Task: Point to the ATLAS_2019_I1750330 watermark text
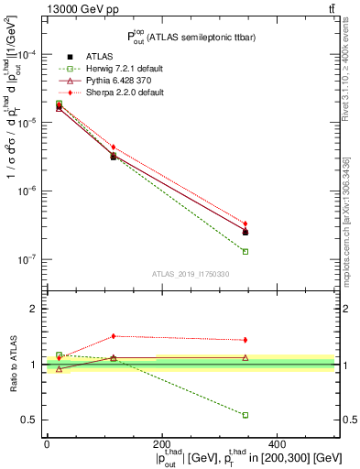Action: [x=191, y=273]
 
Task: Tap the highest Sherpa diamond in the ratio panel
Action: [x=114, y=336]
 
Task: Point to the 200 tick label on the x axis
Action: [x=162, y=444]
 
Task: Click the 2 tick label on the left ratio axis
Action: [x=35, y=310]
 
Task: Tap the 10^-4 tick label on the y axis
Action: [x=25, y=55]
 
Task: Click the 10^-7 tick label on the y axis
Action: [x=25, y=259]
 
